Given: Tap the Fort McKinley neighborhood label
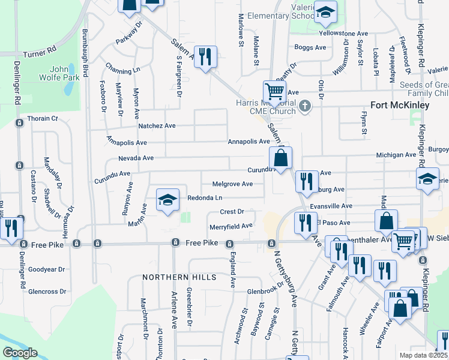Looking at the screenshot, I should (x=400, y=105).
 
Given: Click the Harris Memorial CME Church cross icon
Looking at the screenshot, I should (x=306, y=107).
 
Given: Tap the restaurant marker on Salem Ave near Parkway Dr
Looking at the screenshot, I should (x=205, y=57).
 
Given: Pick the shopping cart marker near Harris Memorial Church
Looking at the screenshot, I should (x=274, y=92).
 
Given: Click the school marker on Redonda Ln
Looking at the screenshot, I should (x=168, y=200).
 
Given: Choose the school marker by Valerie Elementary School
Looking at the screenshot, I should (x=325, y=12).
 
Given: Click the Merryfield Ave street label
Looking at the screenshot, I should (x=231, y=226).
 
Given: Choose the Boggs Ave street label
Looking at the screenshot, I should (x=306, y=47).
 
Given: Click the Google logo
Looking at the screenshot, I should (x=19, y=353).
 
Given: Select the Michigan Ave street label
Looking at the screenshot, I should (x=396, y=155).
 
